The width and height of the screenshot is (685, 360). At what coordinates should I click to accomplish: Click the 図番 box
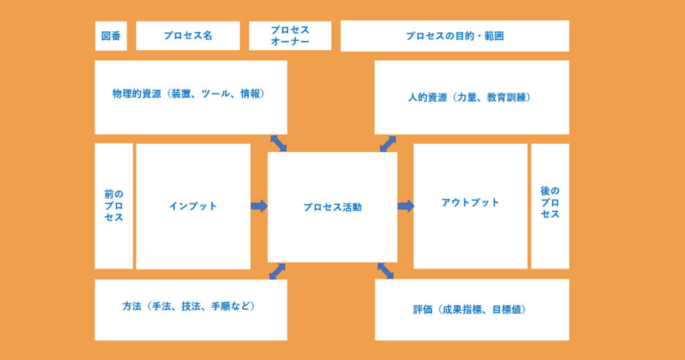(111, 36)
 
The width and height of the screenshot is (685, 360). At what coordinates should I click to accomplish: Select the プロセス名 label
(188, 36)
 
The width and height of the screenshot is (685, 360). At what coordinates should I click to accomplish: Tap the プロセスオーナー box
(290, 36)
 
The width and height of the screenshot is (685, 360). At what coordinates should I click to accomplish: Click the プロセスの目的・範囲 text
(455, 36)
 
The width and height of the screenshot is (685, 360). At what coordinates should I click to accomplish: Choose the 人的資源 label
(427, 97)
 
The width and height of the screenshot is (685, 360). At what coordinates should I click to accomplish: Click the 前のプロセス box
(114, 205)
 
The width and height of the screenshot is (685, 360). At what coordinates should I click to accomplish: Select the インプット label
(193, 206)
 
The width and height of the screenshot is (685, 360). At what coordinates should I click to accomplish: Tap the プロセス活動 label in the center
(332, 207)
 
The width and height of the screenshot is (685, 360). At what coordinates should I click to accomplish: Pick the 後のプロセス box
(550, 203)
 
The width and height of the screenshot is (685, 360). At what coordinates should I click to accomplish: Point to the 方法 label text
(131, 306)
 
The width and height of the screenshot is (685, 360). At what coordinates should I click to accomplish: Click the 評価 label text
(423, 310)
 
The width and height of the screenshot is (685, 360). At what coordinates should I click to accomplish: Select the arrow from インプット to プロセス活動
(259, 206)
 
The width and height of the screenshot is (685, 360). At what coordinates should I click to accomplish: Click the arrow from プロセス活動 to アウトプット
(405, 206)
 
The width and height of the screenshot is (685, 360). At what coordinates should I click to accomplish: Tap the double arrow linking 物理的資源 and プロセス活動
(278, 143)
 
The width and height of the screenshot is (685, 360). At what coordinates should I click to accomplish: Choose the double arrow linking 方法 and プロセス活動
(277, 271)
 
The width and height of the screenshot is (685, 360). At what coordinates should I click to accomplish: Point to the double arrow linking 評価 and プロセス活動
(385, 270)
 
